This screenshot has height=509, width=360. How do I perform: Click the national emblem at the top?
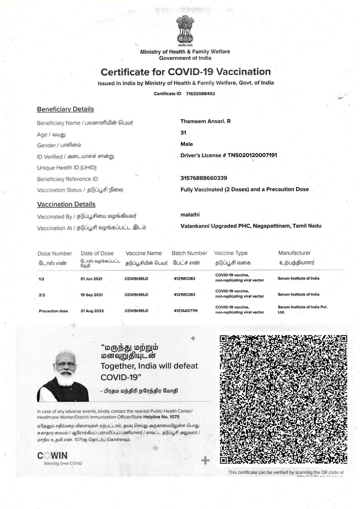pyautogui.click(x=185, y=30)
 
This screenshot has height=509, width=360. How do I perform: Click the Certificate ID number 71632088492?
pyautogui.click(x=200, y=94)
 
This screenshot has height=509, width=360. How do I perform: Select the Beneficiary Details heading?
pyautogui.click(x=65, y=109)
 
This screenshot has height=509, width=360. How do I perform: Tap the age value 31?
pyautogui.click(x=183, y=133)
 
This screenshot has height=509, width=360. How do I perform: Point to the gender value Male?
pyautogui.click(x=187, y=144)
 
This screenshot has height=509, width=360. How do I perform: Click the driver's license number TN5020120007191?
pyautogui.click(x=252, y=155)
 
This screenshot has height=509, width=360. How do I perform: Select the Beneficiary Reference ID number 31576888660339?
pyautogui.click(x=204, y=178)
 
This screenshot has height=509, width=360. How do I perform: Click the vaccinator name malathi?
pyautogui.click(x=190, y=215)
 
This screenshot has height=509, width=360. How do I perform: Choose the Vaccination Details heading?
pyautogui.click(x=66, y=204)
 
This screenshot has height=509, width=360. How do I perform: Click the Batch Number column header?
pyautogui.click(x=189, y=253)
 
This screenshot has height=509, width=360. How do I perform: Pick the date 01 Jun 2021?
pyautogui.click(x=91, y=279)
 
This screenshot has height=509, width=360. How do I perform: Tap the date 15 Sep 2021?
pyautogui.click(x=92, y=295)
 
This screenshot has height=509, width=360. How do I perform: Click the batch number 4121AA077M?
pyautogui.click(x=186, y=311)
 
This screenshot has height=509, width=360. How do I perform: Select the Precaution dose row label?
pyautogui.click(x=53, y=311)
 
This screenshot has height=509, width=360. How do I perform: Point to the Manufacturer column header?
pyautogui.click(x=294, y=253)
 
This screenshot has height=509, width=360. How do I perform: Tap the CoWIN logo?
pyautogui.click(x=53, y=456)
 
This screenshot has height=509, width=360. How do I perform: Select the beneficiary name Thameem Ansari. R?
pyautogui.click(x=205, y=121)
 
